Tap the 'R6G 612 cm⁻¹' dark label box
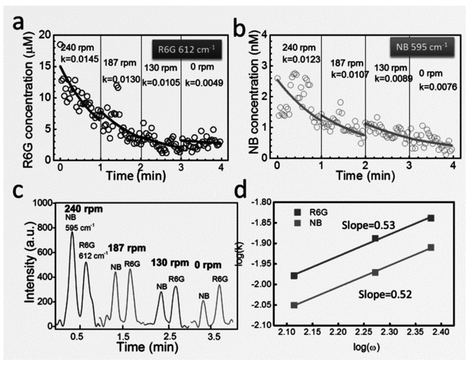point(186,49)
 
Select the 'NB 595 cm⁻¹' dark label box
point(422,47)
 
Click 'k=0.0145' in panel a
point(80,59)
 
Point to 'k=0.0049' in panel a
point(204,83)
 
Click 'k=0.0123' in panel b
point(301,59)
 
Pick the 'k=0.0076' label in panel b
point(438,87)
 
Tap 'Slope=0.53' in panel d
point(369,225)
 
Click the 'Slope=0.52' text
point(385,294)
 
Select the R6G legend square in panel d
point(297,212)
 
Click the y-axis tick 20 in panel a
point(45,35)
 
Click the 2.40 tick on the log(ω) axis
point(441,332)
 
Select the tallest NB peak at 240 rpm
point(72,232)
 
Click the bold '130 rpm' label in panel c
point(170,263)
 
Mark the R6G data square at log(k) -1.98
point(294,275)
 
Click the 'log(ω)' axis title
point(367,347)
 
